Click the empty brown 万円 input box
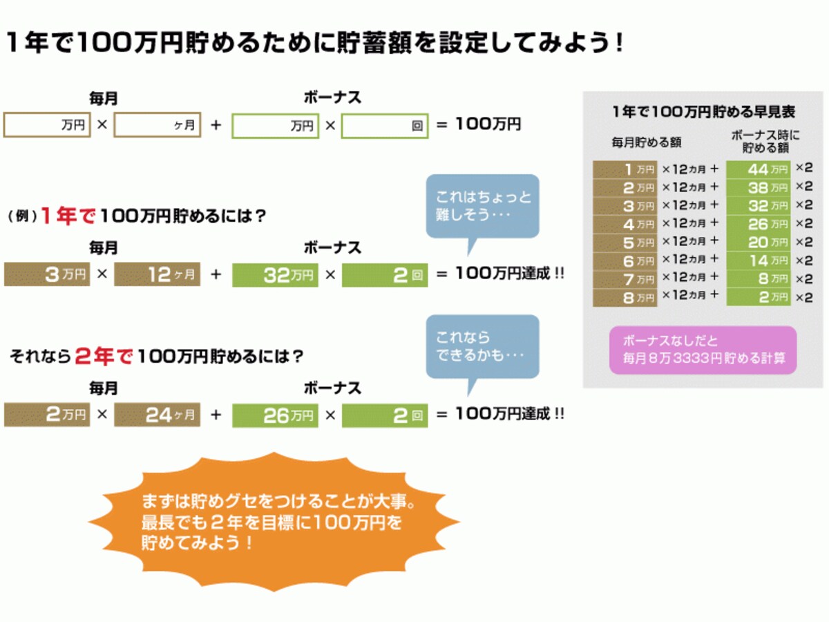(x=47, y=124)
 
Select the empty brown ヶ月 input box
(x=157, y=124)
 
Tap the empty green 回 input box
(x=385, y=126)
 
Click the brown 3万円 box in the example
(x=47, y=274)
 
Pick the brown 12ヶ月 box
(x=157, y=274)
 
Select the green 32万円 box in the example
(x=275, y=275)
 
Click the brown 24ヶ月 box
(x=157, y=415)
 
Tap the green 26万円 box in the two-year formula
(x=275, y=415)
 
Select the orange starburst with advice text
(x=274, y=522)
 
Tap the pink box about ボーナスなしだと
(x=703, y=350)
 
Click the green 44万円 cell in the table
(x=759, y=169)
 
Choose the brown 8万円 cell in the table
(x=625, y=298)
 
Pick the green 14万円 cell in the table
(x=759, y=261)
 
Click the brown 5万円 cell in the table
(x=625, y=243)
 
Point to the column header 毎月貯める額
(x=646, y=142)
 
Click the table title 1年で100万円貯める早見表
(x=703, y=111)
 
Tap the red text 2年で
(x=104, y=356)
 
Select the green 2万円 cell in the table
(x=759, y=297)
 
